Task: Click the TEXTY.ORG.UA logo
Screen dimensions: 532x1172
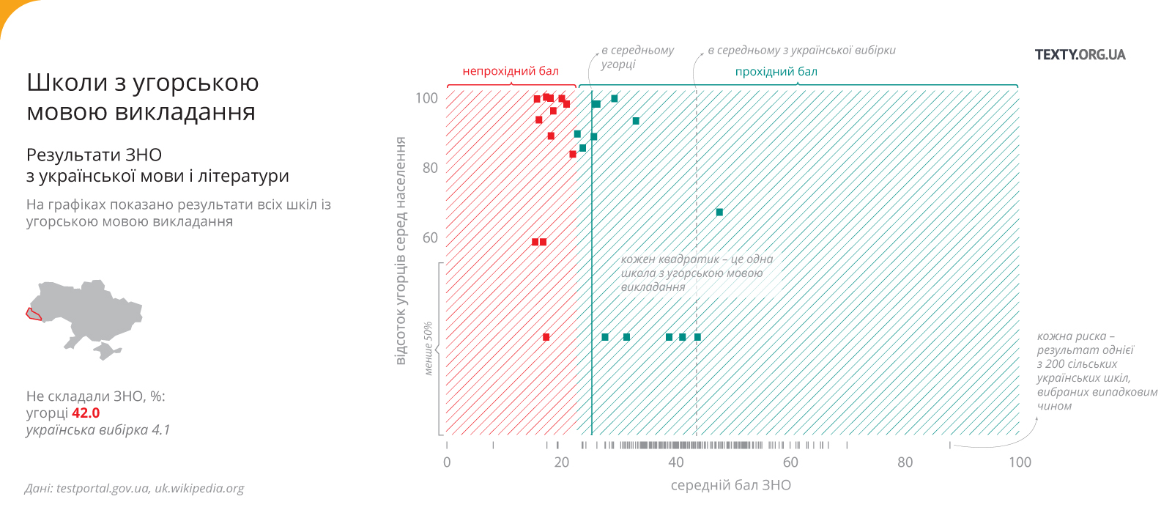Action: click(x=1080, y=55)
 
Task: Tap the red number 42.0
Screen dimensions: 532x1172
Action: click(x=86, y=413)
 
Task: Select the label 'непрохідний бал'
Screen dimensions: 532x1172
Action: click(x=511, y=71)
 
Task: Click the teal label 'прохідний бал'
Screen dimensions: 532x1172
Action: click(x=776, y=72)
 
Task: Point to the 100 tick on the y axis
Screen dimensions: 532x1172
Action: click(x=426, y=98)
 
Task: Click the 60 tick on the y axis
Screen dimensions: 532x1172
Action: click(x=430, y=237)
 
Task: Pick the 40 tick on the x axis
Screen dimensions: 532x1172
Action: click(x=676, y=462)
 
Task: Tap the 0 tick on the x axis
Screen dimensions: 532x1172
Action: click(x=447, y=462)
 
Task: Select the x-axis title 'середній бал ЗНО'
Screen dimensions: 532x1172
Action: click(x=730, y=485)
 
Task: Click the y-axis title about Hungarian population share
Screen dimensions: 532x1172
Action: click(x=401, y=251)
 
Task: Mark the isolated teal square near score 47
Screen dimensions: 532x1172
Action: click(x=719, y=213)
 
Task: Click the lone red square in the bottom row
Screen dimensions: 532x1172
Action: click(x=546, y=337)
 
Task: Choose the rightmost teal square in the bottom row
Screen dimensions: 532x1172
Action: click(x=697, y=337)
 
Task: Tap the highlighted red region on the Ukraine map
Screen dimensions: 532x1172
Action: click(x=33, y=314)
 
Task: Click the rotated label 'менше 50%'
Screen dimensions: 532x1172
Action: click(x=429, y=348)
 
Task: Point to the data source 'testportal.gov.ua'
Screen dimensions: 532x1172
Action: click(x=103, y=489)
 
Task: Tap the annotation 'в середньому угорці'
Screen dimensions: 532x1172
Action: click(x=637, y=57)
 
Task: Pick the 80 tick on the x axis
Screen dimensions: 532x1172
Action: click(x=905, y=462)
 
